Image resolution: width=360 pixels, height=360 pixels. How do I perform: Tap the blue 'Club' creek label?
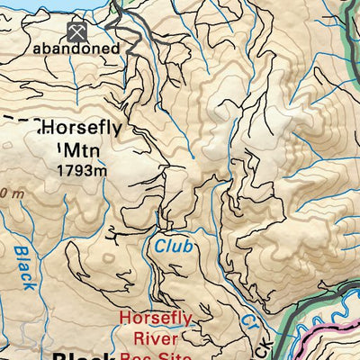pos(172,245)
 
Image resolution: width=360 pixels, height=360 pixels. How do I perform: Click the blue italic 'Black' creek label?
pos(25,267)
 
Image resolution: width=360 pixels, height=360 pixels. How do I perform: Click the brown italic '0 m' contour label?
pos(11,193)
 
